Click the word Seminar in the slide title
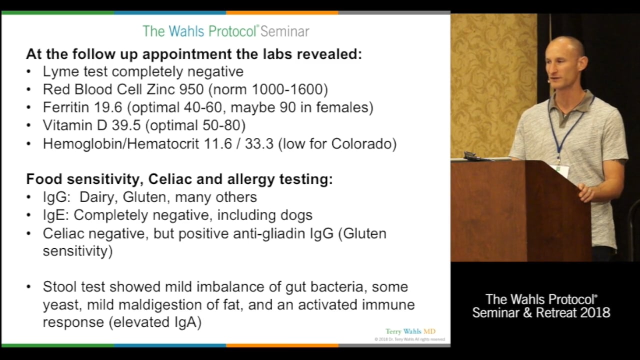[285, 31]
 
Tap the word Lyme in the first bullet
[60, 71]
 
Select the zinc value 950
[191, 89]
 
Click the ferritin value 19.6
[108, 107]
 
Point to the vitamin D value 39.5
[126, 125]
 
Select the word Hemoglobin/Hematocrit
[121, 143]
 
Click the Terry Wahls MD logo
[410, 331]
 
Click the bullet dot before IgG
[28, 197]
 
